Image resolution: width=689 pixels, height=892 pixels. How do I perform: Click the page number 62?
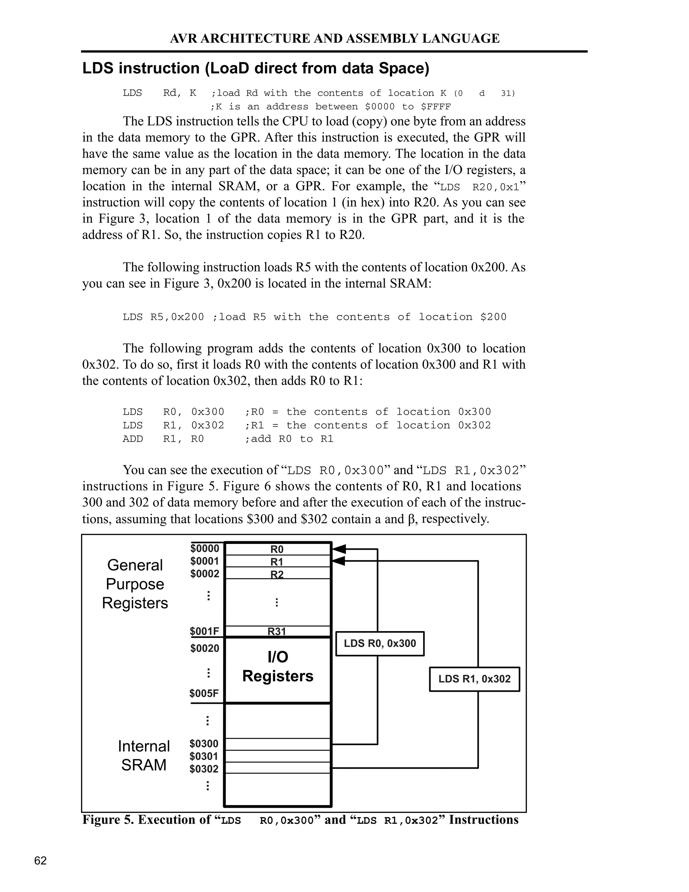[40, 861]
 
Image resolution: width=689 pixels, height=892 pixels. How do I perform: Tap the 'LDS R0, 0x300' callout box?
[379, 643]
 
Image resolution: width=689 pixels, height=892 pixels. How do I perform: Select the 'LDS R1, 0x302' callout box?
[474, 679]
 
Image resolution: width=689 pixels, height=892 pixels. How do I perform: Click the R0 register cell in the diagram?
[277, 549]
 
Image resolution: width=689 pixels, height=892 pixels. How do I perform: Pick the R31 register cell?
[277, 631]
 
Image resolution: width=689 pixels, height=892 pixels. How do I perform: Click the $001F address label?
[205, 631]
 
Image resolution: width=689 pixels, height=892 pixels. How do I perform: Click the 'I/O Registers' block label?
[278, 666]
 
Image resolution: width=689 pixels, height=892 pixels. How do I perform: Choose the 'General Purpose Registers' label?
[135, 584]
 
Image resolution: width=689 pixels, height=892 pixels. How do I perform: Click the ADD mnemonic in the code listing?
[133, 439]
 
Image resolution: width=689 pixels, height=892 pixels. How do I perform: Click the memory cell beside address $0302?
[277, 767]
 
